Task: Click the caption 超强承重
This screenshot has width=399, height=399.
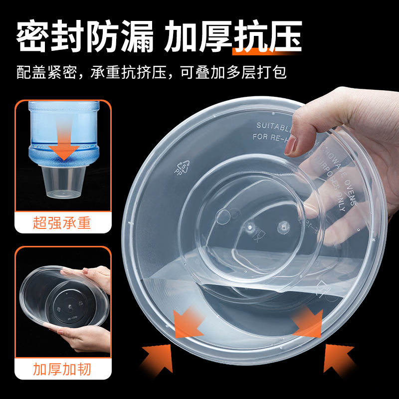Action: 62,222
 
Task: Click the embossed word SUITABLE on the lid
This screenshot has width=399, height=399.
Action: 276,125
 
